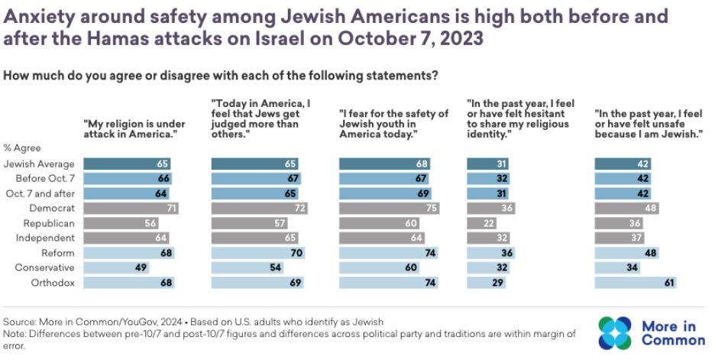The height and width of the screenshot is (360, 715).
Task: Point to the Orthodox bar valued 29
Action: pos(482,283)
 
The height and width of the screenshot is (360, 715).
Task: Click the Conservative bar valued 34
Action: pos(616,268)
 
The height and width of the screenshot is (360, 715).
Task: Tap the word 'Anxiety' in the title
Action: pos(42,15)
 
